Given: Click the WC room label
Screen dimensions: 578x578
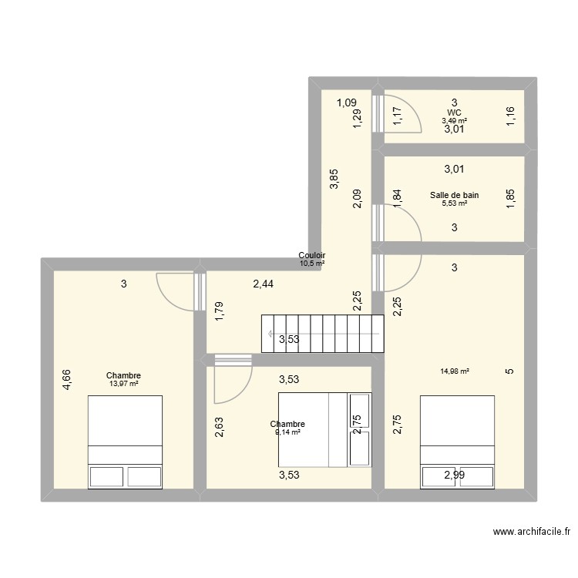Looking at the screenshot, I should coord(455,112).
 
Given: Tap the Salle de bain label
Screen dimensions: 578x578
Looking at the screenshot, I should coord(455,195).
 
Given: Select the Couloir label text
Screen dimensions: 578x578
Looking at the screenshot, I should coord(311,256).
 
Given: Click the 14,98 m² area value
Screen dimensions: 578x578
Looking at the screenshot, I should coord(455,371).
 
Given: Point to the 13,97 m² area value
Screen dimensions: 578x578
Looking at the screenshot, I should coord(124,384).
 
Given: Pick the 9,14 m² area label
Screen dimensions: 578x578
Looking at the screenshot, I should coord(287,432).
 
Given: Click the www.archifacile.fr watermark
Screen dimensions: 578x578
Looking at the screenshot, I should coord(533,532).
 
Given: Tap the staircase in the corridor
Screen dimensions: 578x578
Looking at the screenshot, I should coord(323,334).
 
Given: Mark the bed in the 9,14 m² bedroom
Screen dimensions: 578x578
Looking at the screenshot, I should coord(324,429).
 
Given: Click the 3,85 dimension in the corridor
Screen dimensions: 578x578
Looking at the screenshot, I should coord(333,180).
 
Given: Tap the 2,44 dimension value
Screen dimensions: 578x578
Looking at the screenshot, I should coord(264,284).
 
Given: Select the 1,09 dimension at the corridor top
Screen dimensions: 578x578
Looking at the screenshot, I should coord(346,102).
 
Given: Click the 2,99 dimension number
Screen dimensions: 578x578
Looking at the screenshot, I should coord(455,475).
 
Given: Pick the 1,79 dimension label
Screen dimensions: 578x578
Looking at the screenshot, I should coord(220,311).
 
